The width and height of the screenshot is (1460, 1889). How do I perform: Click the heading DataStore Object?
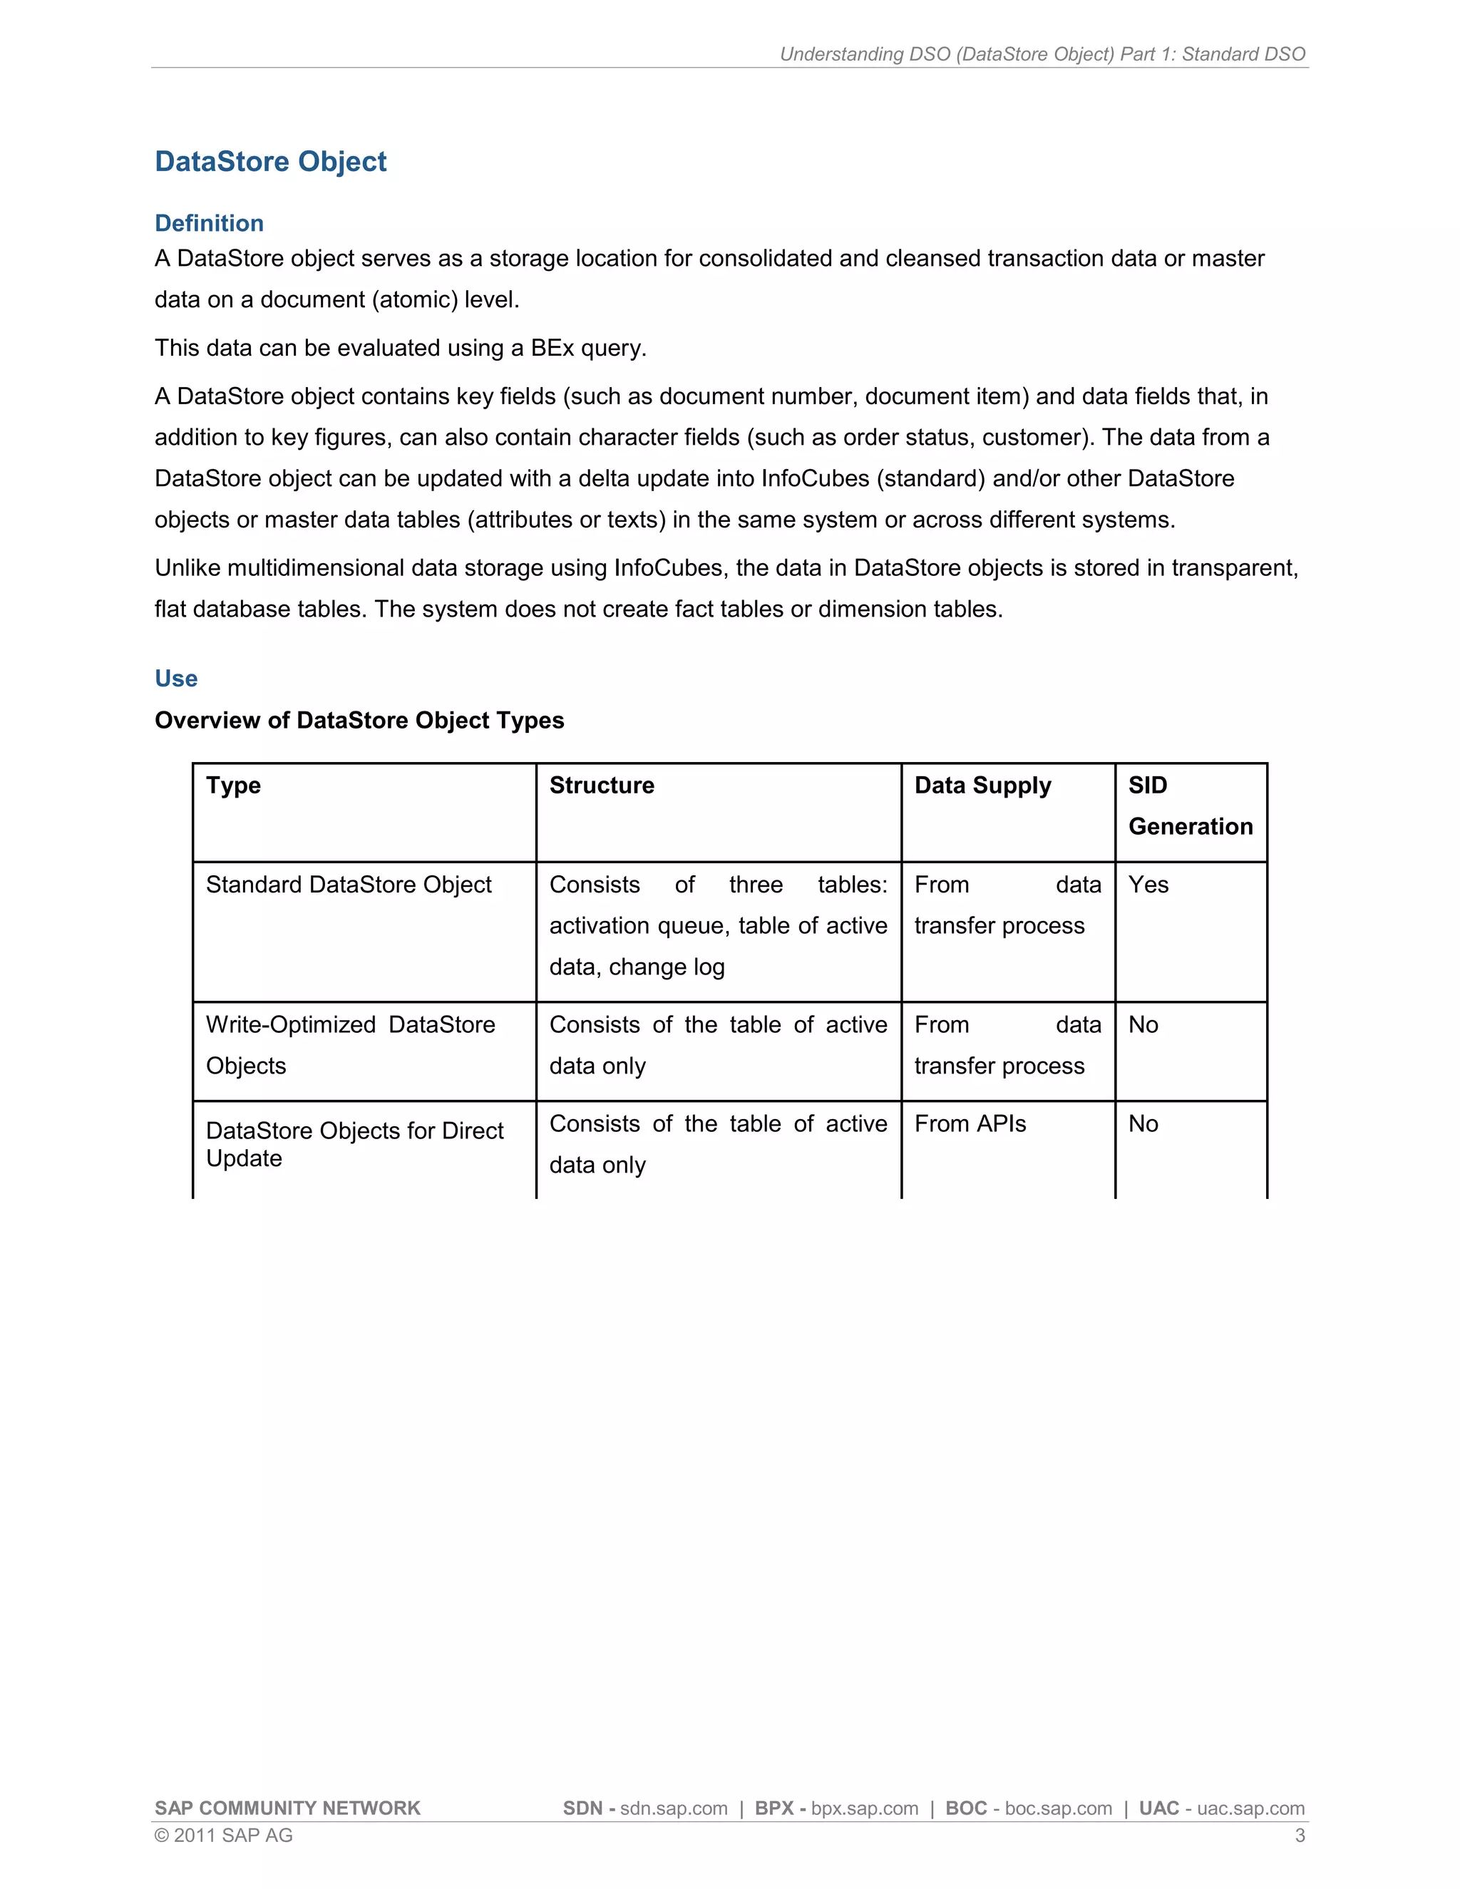click(270, 162)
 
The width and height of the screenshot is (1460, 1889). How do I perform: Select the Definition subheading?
click(208, 223)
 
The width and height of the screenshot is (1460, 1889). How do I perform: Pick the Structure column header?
click(601, 786)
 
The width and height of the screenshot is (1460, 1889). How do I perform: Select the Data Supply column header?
click(982, 786)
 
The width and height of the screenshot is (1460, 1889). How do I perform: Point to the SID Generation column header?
click(1189, 805)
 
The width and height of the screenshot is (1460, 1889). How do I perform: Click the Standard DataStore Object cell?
click(348, 885)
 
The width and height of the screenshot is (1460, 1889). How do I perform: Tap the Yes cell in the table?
click(1148, 885)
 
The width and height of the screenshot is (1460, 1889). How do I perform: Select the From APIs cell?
click(970, 1123)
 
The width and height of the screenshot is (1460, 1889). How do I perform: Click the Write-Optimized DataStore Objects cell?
click(349, 1045)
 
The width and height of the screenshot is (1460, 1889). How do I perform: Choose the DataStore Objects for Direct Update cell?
click(354, 1144)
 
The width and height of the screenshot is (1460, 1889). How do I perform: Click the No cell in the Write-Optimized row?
click(1143, 1025)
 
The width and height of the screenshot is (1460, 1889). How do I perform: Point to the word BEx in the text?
click(552, 348)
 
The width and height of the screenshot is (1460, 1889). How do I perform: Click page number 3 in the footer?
click(1299, 1836)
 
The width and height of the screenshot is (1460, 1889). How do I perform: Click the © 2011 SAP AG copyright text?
click(223, 1836)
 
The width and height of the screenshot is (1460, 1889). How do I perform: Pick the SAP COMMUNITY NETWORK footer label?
click(287, 1808)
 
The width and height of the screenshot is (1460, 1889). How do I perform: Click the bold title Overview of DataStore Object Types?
click(359, 721)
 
